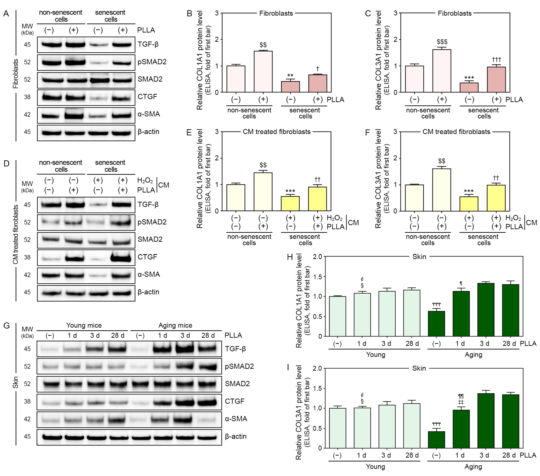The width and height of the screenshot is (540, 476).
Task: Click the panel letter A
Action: (x=6, y=13)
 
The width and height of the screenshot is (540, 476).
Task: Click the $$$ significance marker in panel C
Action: (x=442, y=42)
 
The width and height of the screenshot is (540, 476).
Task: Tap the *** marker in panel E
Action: (x=290, y=191)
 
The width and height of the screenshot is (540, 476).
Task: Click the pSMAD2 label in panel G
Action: (x=239, y=366)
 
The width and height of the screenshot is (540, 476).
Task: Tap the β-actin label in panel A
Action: (x=148, y=132)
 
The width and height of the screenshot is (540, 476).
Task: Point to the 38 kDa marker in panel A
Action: (x=27, y=97)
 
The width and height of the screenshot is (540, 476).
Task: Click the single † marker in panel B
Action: (x=318, y=69)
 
